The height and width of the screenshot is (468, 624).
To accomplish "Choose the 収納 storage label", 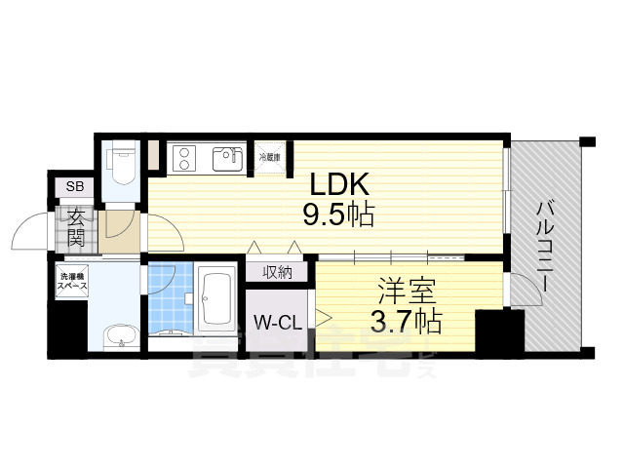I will point(276,273).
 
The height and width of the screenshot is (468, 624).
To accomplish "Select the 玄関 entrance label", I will point(75,227).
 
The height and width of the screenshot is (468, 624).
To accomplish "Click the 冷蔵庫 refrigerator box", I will point(269,157).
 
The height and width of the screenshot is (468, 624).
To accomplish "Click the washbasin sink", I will point(121,337).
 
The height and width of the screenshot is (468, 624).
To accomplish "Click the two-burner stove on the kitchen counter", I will point(185,157).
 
